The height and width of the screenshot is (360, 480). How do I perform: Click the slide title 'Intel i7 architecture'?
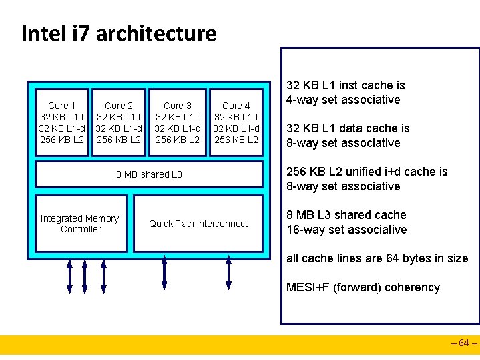coord(119,33)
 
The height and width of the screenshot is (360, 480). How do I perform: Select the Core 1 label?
coord(61,106)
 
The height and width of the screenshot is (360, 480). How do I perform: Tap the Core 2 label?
coord(119,106)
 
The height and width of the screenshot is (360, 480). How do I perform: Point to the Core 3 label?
coord(178,106)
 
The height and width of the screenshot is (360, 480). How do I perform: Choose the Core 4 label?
coord(236,106)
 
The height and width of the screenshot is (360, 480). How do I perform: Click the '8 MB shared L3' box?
coord(149,174)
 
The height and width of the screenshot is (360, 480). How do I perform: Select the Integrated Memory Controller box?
coord(80,224)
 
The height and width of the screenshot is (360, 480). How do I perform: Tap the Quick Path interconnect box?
coord(198,224)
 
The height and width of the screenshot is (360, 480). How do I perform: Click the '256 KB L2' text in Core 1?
coord(61,140)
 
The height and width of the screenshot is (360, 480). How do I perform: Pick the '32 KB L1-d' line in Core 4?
coord(236,128)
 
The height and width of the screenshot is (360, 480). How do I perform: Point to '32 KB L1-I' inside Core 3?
coord(178,117)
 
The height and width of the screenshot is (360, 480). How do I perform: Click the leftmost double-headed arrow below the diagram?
coord(69,275)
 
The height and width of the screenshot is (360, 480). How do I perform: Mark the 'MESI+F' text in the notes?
coord(308,288)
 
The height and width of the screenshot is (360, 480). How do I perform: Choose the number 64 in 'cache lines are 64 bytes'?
coord(385,258)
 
